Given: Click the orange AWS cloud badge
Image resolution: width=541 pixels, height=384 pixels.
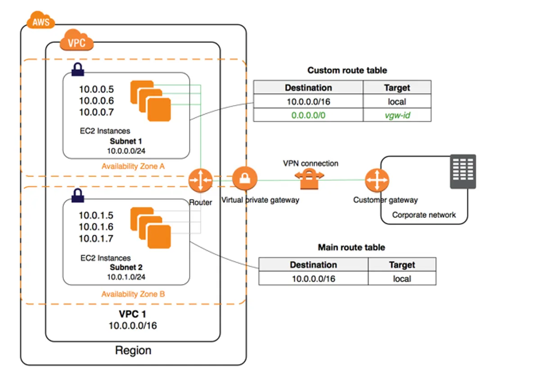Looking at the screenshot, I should click(41, 21).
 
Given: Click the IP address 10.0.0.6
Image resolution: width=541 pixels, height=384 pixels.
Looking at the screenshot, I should click(96, 101).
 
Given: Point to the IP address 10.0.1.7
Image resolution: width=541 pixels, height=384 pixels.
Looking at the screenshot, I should click(96, 238).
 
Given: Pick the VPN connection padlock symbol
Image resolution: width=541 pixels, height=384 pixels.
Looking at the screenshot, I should click(310, 179).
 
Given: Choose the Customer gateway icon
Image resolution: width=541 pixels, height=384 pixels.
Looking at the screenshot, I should click(377, 180).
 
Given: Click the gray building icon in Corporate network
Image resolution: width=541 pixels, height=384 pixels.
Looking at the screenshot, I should click(463, 171).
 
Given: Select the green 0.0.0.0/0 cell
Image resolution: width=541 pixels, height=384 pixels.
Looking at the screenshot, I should click(308, 115).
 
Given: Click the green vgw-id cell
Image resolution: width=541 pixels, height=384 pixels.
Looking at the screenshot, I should click(397, 115).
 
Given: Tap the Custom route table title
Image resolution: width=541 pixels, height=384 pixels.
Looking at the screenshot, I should click(347, 70).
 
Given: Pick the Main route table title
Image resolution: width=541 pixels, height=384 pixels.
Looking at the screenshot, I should click(351, 247).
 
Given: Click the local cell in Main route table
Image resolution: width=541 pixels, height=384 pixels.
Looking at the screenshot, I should click(401, 279).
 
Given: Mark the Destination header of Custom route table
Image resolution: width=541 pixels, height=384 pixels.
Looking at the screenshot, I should click(308, 88).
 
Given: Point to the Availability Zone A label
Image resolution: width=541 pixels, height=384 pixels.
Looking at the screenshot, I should click(133, 166).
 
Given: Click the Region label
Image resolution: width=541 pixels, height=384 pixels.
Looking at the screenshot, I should click(133, 350).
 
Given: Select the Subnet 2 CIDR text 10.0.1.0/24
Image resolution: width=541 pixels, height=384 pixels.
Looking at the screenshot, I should click(126, 277).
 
